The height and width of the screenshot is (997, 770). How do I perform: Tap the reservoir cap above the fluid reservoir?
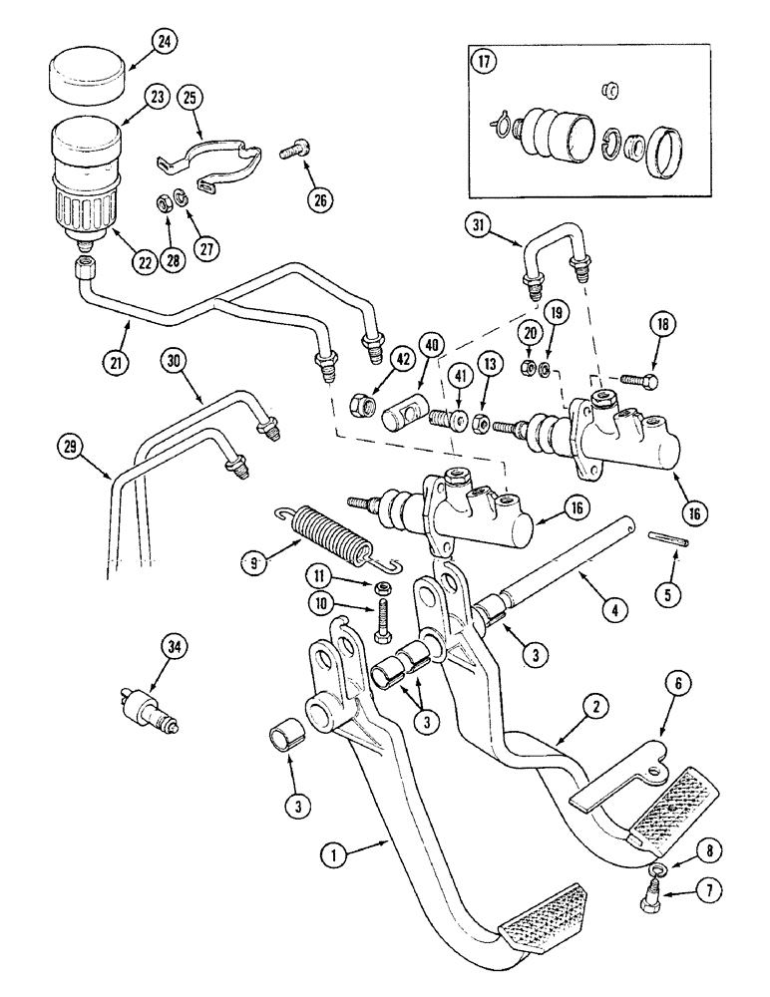(x=85, y=77)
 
